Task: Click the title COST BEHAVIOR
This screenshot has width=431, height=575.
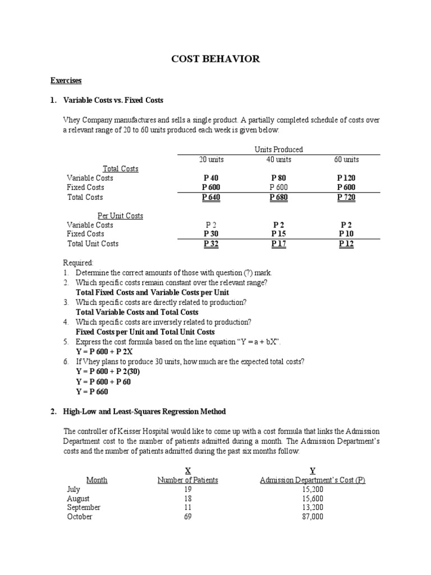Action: pyautogui.click(x=215, y=59)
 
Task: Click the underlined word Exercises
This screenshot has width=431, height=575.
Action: pyautogui.click(x=66, y=81)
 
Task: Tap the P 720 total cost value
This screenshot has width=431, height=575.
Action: pyautogui.click(x=346, y=197)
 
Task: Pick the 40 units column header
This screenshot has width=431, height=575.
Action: pyautogui.click(x=278, y=159)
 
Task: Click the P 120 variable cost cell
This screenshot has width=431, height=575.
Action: pyautogui.click(x=346, y=178)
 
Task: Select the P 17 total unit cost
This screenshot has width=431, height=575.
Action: pyautogui.click(x=278, y=244)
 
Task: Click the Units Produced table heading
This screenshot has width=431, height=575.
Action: pyautogui.click(x=278, y=149)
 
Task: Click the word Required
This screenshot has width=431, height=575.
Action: pyautogui.click(x=79, y=262)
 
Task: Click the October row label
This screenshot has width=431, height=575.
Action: pyautogui.click(x=80, y=517)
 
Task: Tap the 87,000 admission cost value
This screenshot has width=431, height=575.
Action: pyautogui.click(x=313, y=517)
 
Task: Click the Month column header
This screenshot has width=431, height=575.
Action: pyautogui.click(x=97, y=480)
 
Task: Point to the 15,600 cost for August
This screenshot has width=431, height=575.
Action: pyautogui.click(x=313, y=498)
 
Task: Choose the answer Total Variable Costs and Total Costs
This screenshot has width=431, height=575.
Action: pyautogui.click(x=137, y=312)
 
